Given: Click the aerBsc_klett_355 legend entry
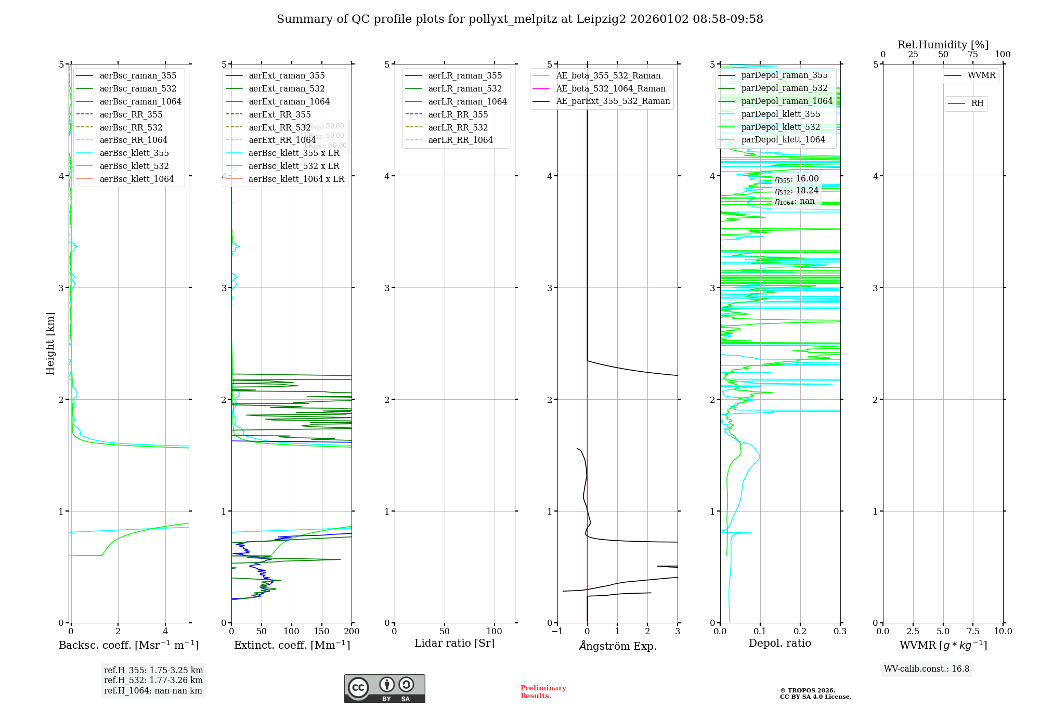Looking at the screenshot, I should coord(134,153).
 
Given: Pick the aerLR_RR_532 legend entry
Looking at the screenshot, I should coord(458,127).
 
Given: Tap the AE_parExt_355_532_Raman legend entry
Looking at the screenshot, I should coord(613,101).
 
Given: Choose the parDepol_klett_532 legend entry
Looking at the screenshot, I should coord(780,127).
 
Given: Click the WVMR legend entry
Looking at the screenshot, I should coord(981,75).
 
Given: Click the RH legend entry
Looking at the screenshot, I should coord(977,103).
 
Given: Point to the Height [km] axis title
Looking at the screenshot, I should coord(50,343).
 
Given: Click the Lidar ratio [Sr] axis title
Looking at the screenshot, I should coord(454,643).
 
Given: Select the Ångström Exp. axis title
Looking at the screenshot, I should coord(618,646).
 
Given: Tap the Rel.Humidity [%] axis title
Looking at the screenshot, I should coord(943,45).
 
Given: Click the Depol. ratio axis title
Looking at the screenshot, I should coord(779,643).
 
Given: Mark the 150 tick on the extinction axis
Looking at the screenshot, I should coord(321,631).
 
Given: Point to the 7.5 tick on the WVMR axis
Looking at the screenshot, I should coord(973,631).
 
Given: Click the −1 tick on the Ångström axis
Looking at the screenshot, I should coord(557,631).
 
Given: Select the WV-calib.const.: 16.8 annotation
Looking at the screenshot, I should coord(927,669).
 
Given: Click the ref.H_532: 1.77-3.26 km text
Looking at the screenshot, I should coord(153,680).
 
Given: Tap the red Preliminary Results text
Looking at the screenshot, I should coord(543,691).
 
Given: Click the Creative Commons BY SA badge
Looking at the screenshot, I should coord(384,688).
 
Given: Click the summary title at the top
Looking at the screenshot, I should coord(519,19).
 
